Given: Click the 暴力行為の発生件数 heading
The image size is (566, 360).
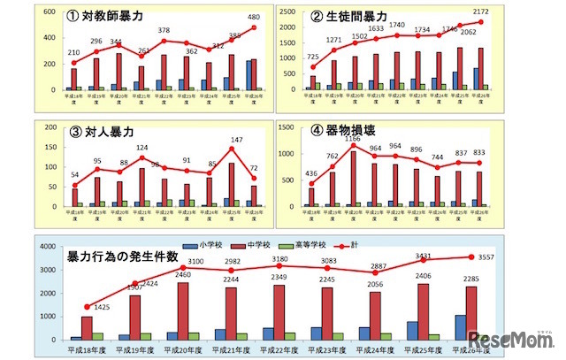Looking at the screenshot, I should [x=123, y=257].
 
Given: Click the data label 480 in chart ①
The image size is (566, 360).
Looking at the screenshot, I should [x=254, y=16].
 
